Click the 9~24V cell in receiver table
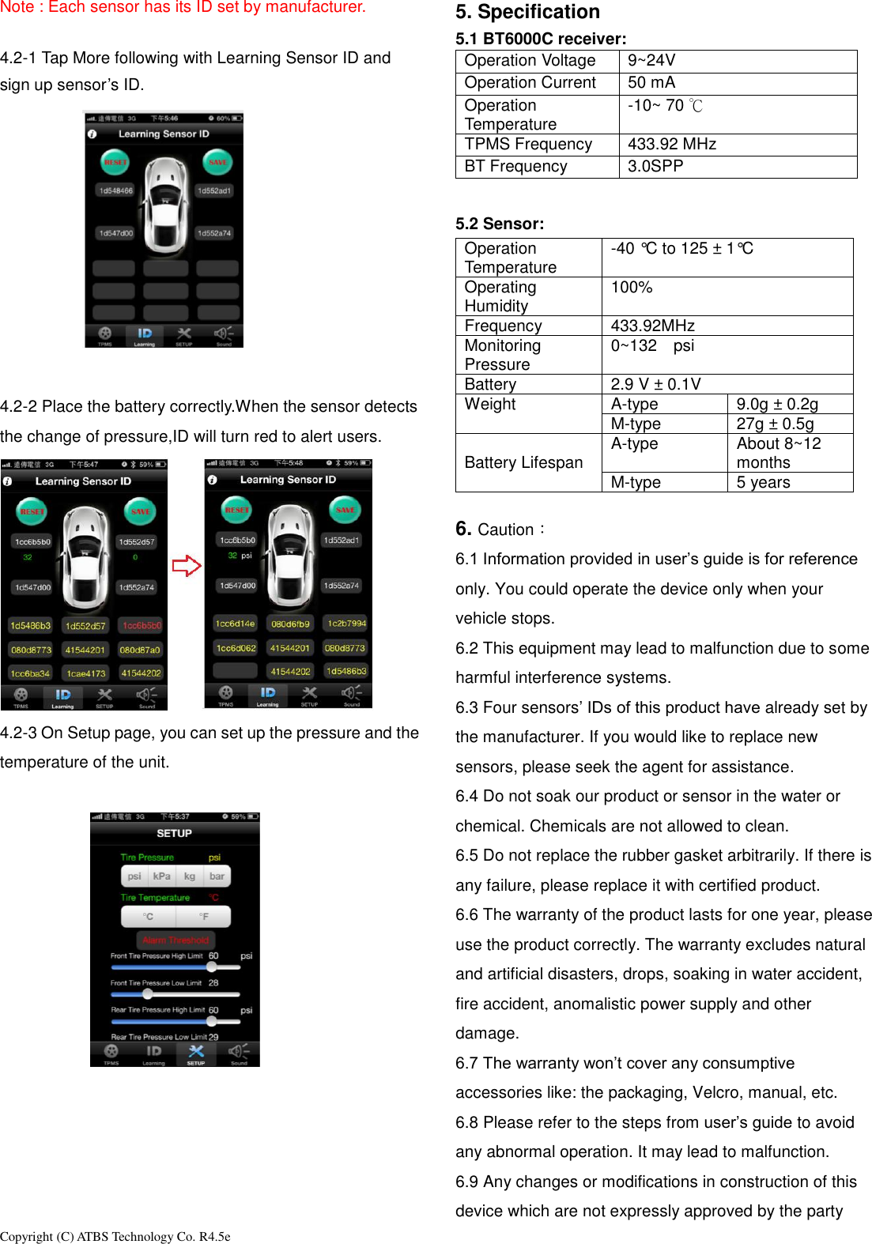tap(651, 61)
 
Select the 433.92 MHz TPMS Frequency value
tap(672, 145)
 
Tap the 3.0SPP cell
tap(655, 167)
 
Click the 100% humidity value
tap(632, 288)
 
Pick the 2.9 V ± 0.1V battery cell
tap(655, 384)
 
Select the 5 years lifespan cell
tap(763, 482)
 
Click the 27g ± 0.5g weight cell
tap(775, 424)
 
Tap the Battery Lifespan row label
tap(523, 462)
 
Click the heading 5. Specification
tap(527, 13)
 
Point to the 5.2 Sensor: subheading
tap(500, 224)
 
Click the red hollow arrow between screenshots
tap(187, 565)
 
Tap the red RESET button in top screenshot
tap(115, 162)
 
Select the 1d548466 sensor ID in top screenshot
tap(116, 190)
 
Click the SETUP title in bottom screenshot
tap(174, 833)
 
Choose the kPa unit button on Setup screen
tap(162, 876)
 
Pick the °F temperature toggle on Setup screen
tap(203, 916)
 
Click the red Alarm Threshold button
tap(176, 940)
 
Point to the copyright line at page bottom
tap(115, 1236)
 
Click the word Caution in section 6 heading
tap(506, 530)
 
